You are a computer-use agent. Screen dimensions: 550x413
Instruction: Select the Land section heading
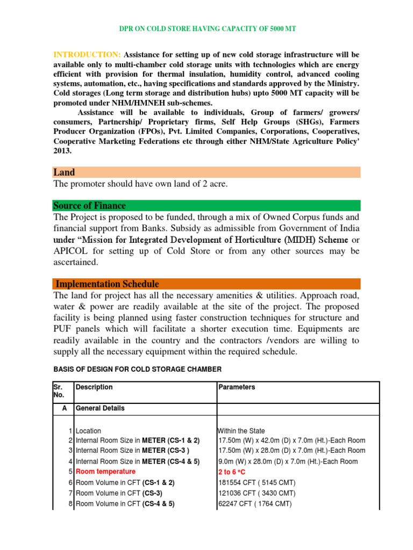pos(64,172)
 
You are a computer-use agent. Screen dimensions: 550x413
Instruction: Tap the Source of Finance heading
pos(89,206)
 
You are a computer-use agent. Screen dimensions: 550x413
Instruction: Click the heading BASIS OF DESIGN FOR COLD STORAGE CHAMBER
pos(137,369)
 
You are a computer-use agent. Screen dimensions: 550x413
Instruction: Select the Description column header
pos(94,387)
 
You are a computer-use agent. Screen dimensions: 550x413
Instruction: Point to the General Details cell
pos(100,408)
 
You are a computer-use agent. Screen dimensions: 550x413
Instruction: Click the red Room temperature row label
pos(105,472)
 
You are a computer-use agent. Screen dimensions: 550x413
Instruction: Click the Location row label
pos(88,431)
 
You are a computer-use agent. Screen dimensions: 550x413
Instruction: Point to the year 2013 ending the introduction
pos(62,151)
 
